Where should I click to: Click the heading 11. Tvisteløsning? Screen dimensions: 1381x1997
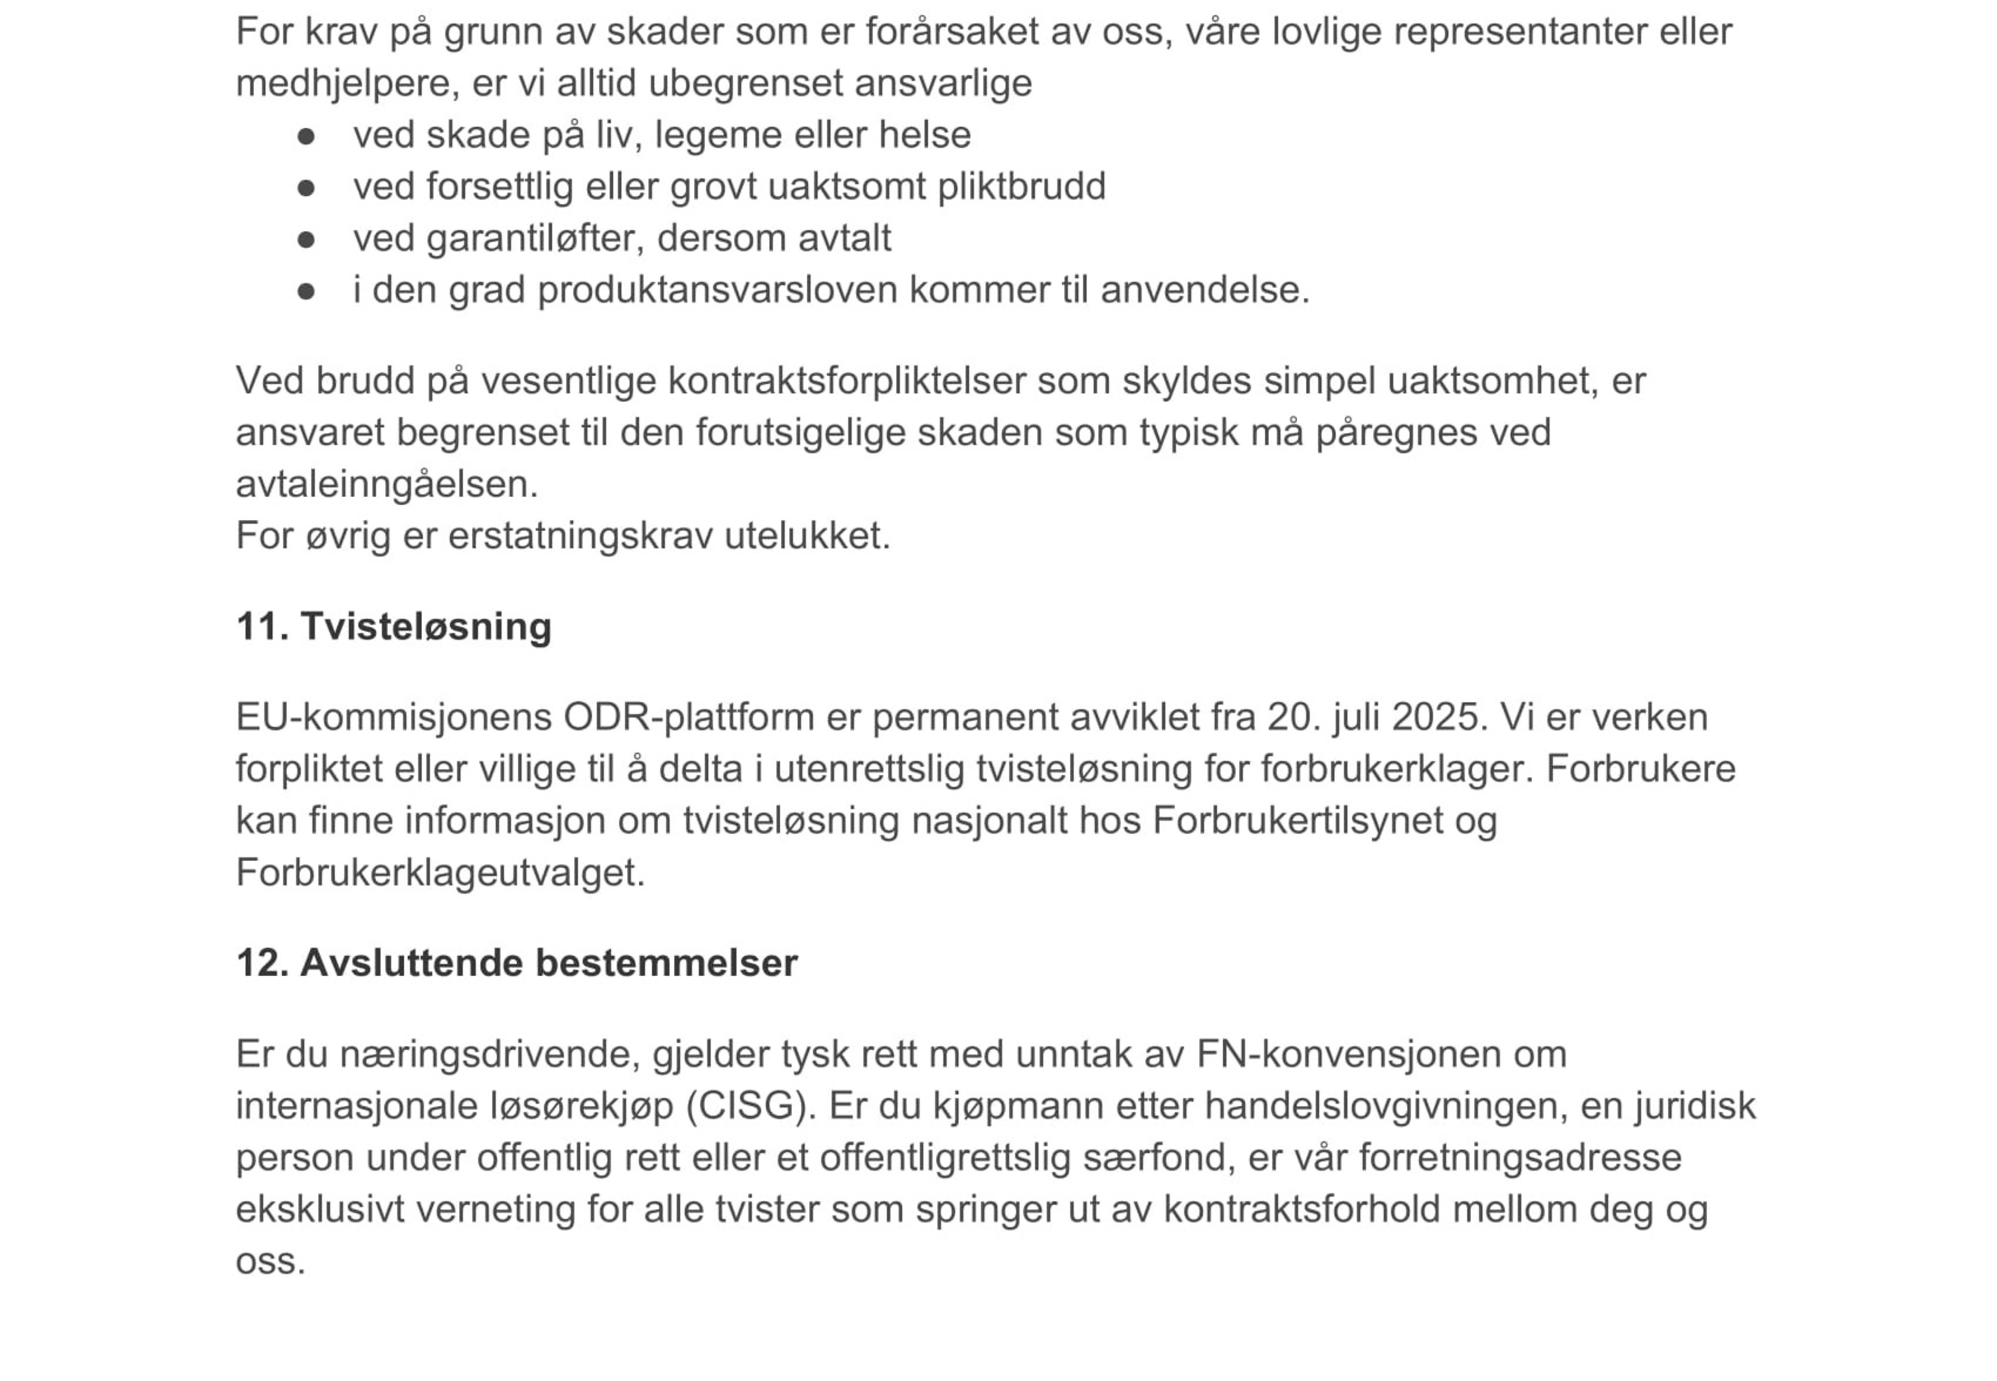pos(393,625)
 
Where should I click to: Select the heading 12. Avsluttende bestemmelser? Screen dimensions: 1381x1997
pos(516,962)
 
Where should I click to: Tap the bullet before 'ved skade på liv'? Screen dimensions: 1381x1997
pos(305,136)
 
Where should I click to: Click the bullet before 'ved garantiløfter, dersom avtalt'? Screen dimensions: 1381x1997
pos(305,238)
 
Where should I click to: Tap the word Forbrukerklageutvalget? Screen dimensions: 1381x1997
pos(440,872)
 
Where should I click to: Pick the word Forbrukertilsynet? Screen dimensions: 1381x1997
pos(1297,820)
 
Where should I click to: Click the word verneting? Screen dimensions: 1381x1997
pos(495,1209)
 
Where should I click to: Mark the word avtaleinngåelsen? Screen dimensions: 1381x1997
pos(386,484)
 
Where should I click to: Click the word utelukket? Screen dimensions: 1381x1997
pos(805,536)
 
